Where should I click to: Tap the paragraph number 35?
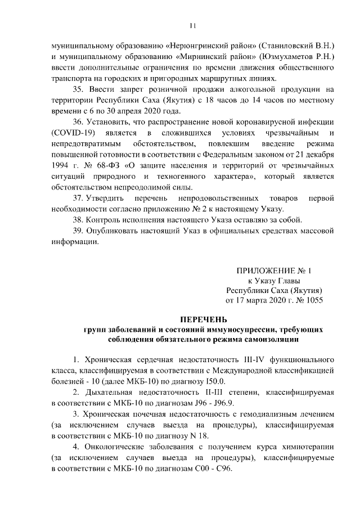(79, 89)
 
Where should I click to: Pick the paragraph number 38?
(79, 219)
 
